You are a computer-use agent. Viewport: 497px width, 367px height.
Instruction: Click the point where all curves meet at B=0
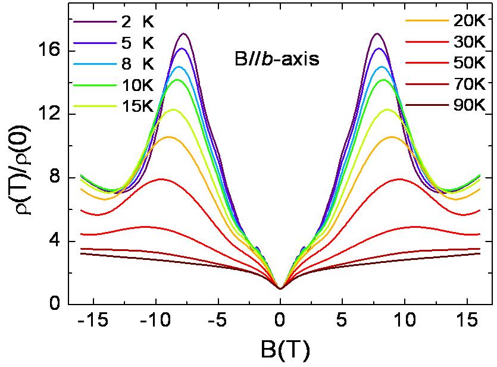[280, 288]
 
